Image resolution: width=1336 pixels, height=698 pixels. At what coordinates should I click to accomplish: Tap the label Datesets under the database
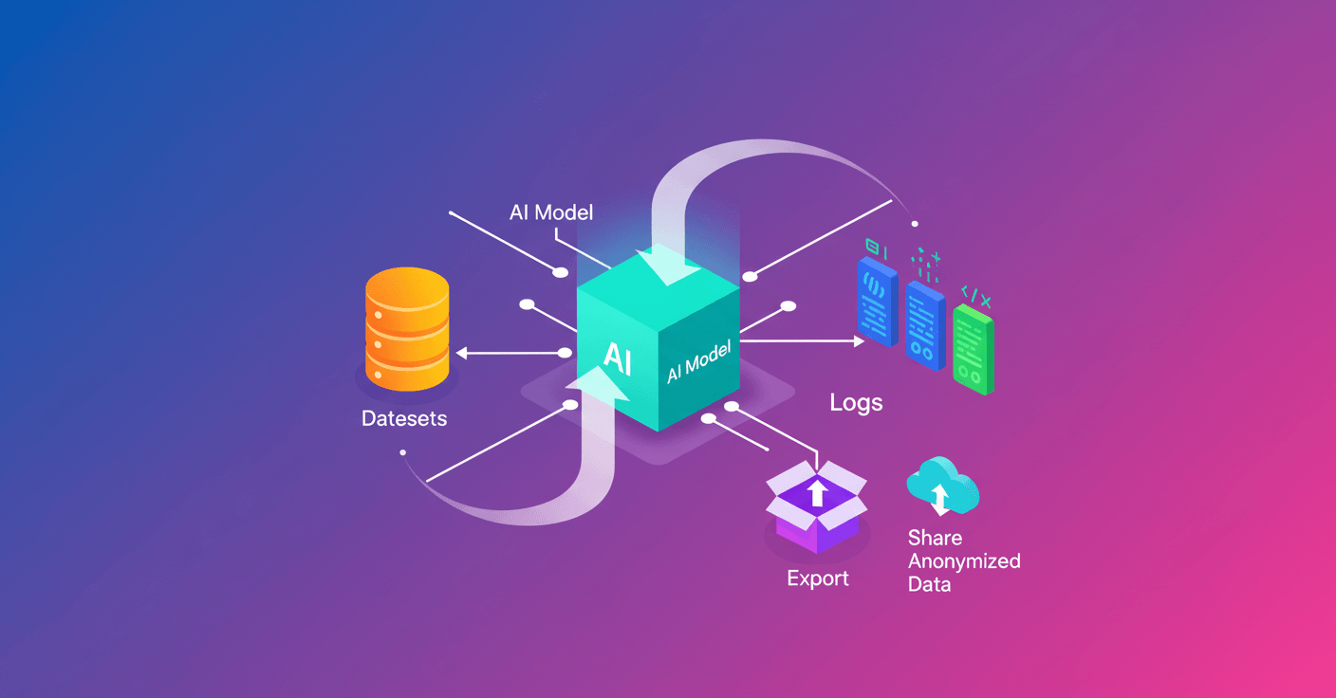pyautogui.click(x=404, y=418)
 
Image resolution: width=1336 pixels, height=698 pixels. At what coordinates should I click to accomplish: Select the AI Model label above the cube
pyautogui.click(x=551, y=211)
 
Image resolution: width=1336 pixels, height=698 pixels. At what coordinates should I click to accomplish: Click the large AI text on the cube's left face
pyautogui.click(x=617, y=358)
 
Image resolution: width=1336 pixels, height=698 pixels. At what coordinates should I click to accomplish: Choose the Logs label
pyautogui.click(x=856, y=402)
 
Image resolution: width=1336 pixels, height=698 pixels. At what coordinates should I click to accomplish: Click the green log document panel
pyautogui.click(x=974, y=348)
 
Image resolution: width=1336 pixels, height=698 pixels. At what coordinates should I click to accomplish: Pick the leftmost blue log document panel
pyautogui.click(x=877, y=301)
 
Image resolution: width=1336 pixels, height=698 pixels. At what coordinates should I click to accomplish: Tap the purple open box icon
pyautogui.click(x=816, y=506)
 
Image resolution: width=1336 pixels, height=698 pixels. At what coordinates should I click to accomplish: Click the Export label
pyautogui.click(x=818, y=578)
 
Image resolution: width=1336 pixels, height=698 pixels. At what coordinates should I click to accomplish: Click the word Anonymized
pyautogui.click(x=964, y=560)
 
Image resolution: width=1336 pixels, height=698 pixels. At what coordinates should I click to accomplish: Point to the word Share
pyautogui.click(x=935, y=538)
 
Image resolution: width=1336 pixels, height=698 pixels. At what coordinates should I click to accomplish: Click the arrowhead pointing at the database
pyautogui.click(x=461, y=354)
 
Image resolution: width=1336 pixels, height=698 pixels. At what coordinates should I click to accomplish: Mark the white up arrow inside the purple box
pyautogui.click(x=816, y=492)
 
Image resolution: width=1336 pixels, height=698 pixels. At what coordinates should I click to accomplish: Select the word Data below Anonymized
pyautogui.click(x=929, y=584)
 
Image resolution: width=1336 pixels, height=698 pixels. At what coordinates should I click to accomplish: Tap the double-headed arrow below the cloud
pyautogui.click(x=939, y=498)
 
